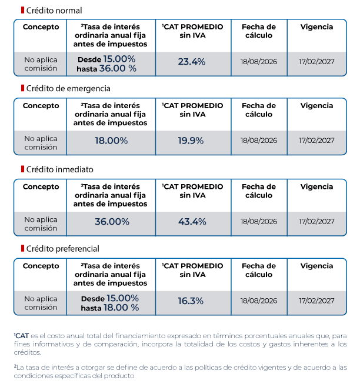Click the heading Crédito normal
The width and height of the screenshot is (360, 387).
pyautogui.click(x=54, y=11)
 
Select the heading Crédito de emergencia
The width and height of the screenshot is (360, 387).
pyautogui.click(x=68, y=89)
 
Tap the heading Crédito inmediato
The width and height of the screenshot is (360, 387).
pyautogui.click(x=60, y=169)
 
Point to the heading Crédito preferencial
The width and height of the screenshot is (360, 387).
pyautogui.click(x=63, y=249)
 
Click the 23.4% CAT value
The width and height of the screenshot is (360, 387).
pyautogui.click(x=192, y=62)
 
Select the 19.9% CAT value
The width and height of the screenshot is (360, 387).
pyautogui.click(x=191, y=141)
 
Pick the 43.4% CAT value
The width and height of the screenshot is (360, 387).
pyautogui.click(x=192, y=222)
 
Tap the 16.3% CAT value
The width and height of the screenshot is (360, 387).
pyautogui.click(x=191, y=301)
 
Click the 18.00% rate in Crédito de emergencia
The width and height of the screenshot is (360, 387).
pyautogui.click(x=111, y=141)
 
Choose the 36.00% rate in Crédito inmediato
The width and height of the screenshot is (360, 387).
pyautogui.click(x=112, y=222)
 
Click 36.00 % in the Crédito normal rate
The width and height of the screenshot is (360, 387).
pyautogui.click(x=118, y=68)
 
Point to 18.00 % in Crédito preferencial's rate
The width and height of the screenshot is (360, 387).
pyautogui.click(x=121, y=308)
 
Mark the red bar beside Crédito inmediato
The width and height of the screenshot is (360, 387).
pyautogui.click(x=22, y=169)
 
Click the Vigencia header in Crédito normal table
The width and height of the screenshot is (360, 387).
pyautogui.click(x=317, y=27)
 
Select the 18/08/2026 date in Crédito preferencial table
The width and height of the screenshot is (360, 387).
pyautogui.click(x=259, y=301)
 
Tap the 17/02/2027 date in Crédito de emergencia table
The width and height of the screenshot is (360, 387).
pyautogui.click(x=317, y=141)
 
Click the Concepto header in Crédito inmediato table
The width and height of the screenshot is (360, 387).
pyautogui.click(x=41, y=187)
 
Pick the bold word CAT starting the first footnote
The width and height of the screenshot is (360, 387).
pyautogui.click(x=22, y=336)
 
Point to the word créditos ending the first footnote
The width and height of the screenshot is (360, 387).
pyautogui.click(x=28, y=352)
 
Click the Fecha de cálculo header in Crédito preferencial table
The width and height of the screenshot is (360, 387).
pyautogui.click(x=259, y=271)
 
